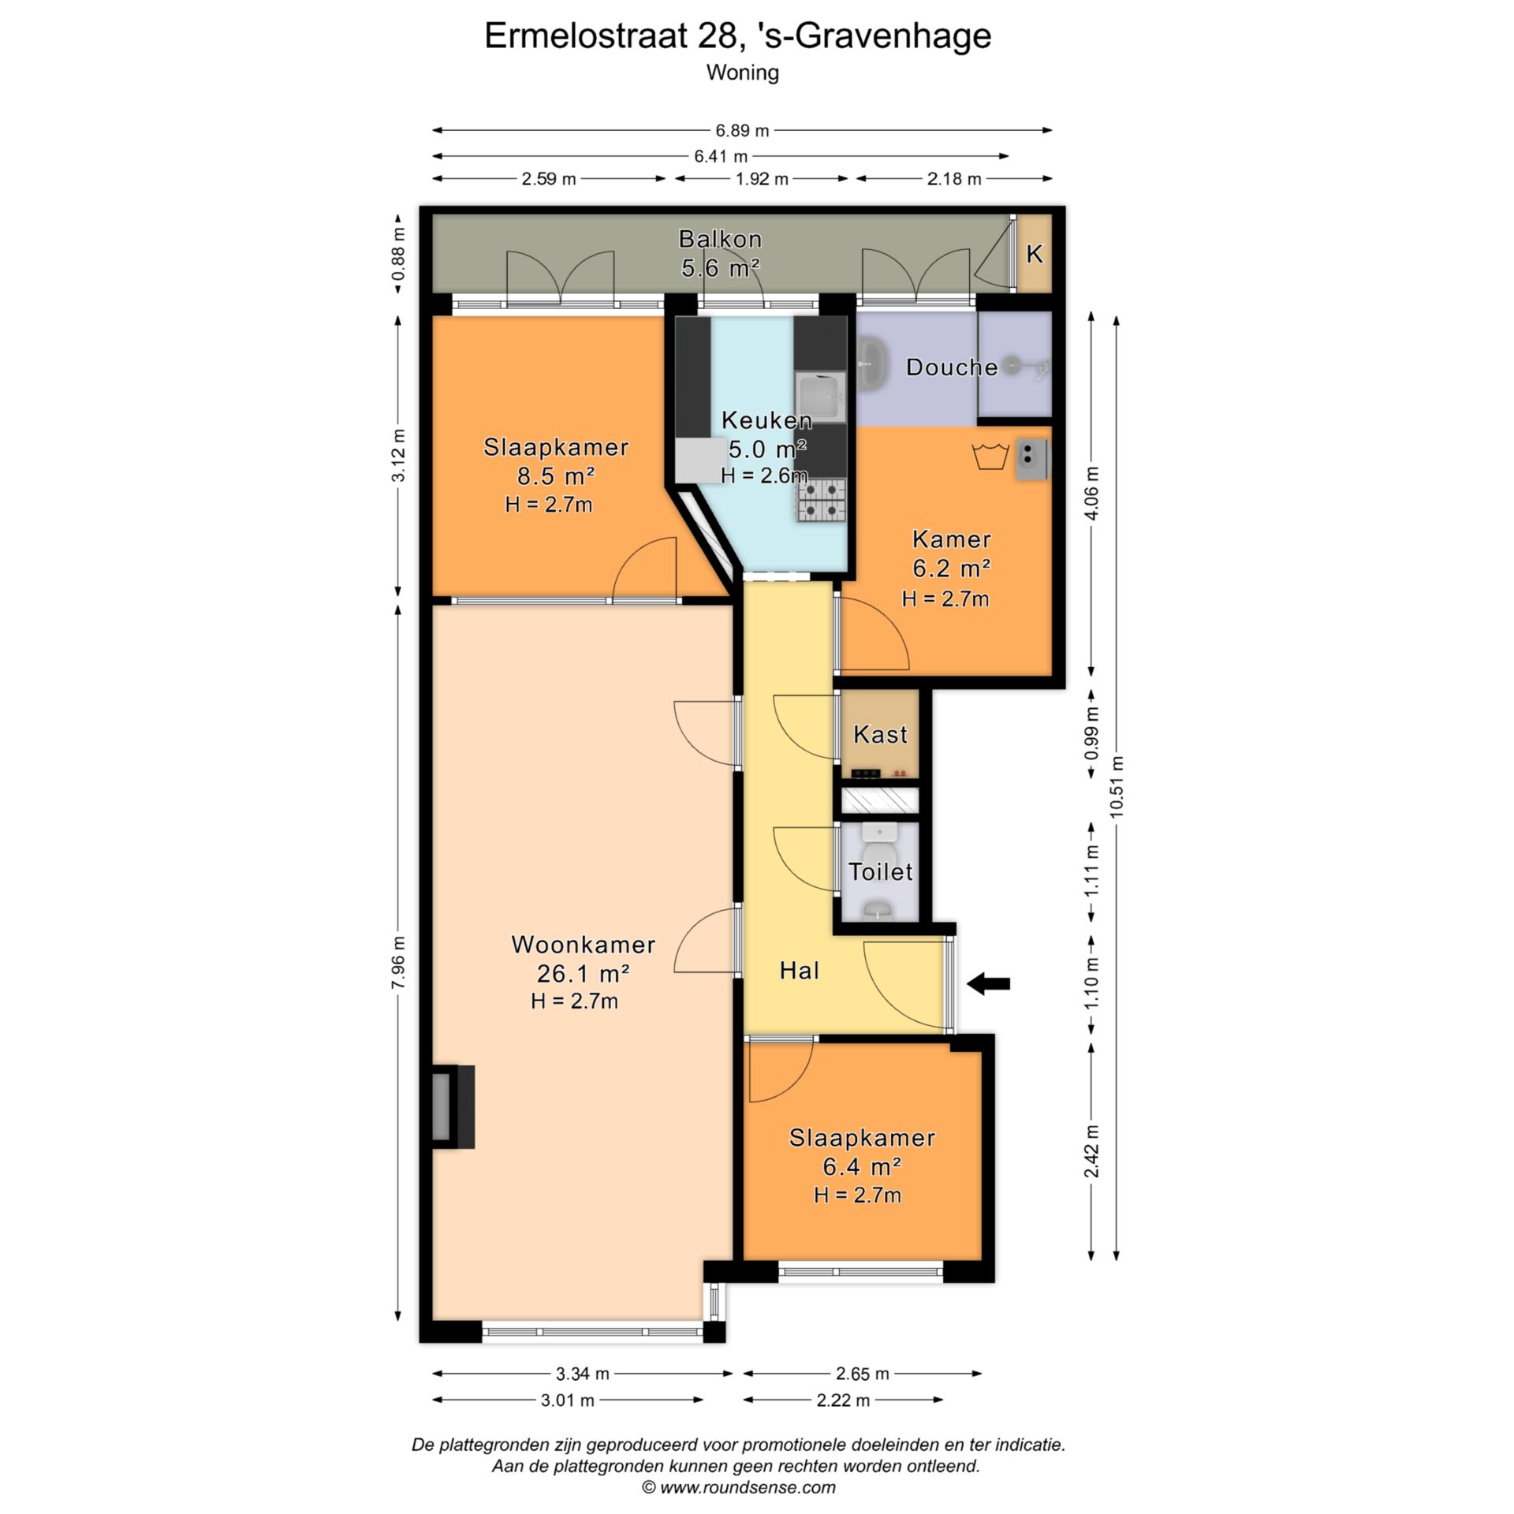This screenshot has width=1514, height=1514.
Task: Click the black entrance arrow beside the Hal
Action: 988,983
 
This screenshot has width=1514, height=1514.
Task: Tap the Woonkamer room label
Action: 583,944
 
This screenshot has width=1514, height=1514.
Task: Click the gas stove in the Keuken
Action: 821,500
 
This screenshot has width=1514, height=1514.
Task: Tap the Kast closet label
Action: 880,735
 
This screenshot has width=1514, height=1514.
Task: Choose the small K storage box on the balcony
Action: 1034,254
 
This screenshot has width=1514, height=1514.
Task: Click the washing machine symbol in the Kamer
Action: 991,457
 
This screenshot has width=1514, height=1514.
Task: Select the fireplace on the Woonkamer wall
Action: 453,1106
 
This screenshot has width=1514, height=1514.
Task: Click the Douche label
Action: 952,367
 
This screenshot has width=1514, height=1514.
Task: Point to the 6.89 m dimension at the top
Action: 742,131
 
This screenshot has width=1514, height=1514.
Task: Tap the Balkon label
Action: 720,238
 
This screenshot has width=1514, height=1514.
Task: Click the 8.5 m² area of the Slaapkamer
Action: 555,476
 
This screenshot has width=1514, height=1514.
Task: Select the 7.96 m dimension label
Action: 398,962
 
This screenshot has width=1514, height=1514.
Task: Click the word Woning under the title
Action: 742,73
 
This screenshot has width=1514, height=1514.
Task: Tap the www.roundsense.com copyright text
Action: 738,1487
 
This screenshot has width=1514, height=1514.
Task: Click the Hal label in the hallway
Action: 799,971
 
